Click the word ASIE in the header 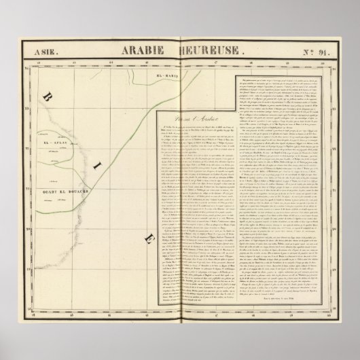(40, 50)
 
